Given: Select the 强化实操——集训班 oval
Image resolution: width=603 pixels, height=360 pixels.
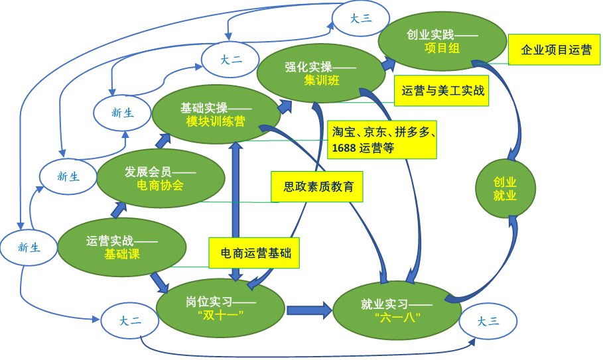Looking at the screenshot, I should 321,74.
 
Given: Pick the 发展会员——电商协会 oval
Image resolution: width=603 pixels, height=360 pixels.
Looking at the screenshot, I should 160,178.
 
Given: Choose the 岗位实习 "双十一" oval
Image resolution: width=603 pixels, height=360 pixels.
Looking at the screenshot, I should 220,309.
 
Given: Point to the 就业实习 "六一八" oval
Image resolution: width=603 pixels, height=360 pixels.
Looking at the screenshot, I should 397,310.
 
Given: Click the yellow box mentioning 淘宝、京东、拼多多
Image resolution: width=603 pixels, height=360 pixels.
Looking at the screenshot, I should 381,139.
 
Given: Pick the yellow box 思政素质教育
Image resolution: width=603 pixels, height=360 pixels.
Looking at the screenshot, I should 318,187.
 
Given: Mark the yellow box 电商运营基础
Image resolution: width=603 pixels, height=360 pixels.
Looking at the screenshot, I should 255,253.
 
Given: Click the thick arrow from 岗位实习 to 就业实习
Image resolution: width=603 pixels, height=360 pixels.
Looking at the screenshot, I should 309,308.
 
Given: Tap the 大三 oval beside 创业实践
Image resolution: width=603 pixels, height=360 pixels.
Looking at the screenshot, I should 360,19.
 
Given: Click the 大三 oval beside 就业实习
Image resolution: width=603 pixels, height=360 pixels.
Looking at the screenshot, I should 488,322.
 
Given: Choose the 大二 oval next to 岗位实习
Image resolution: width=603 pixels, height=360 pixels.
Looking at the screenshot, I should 130,322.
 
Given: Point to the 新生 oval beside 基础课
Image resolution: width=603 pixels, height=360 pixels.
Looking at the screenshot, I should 29,247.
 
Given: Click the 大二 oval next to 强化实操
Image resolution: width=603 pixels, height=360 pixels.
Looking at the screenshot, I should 231,60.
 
